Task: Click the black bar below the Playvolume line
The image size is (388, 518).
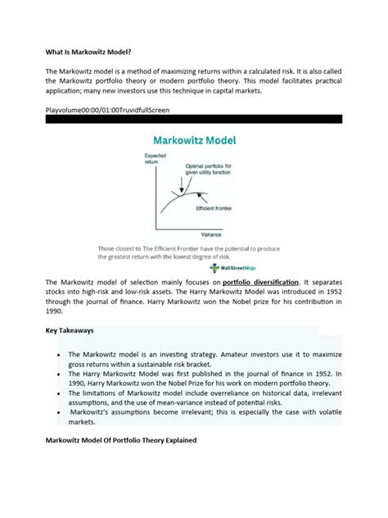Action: pyautogui.click(x=194, y=118)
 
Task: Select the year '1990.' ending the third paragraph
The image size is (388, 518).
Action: pyautogui.click(x=55, y=311)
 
